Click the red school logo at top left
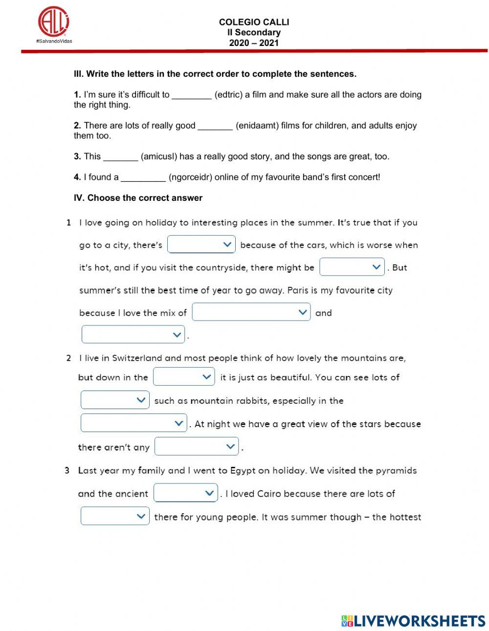(54, 22)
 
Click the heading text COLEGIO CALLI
(254, 22)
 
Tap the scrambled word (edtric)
(228, 95)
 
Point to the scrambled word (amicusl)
(159, 156)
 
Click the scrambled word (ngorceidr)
(191, 177)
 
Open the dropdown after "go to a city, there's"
(201, 244)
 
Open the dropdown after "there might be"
(352, 267)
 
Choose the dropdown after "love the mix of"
(251, 312)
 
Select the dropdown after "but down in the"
(184, 377)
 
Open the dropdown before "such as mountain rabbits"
(115, 400)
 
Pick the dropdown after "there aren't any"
(197, 446)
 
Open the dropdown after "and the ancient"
(185, 493)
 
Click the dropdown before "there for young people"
(115, 516)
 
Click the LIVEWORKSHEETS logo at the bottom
(413, 621)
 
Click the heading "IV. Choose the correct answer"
(138, 198)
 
